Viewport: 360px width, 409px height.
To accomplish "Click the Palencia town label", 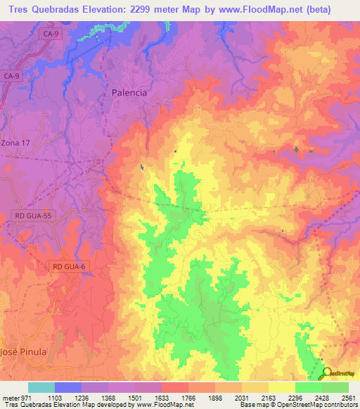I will [129, 92].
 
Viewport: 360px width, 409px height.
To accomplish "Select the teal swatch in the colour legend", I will [41, 387].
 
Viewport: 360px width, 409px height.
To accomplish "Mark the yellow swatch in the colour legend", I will [281, 387].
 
